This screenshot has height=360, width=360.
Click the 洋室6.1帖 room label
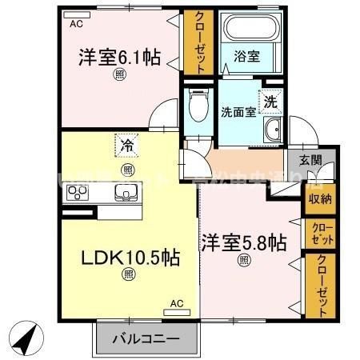[x=118, y=58]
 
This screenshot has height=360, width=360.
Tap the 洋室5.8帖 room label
[x=243, y=241]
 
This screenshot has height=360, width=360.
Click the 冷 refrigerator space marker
[x=127, y=146]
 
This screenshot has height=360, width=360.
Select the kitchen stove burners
[x=78, y=192]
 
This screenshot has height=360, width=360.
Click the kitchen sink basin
[x=126, y=192]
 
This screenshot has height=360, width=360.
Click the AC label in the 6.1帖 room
[x=76, y=23]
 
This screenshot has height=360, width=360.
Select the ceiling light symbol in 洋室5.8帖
[x=243, y=259]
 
